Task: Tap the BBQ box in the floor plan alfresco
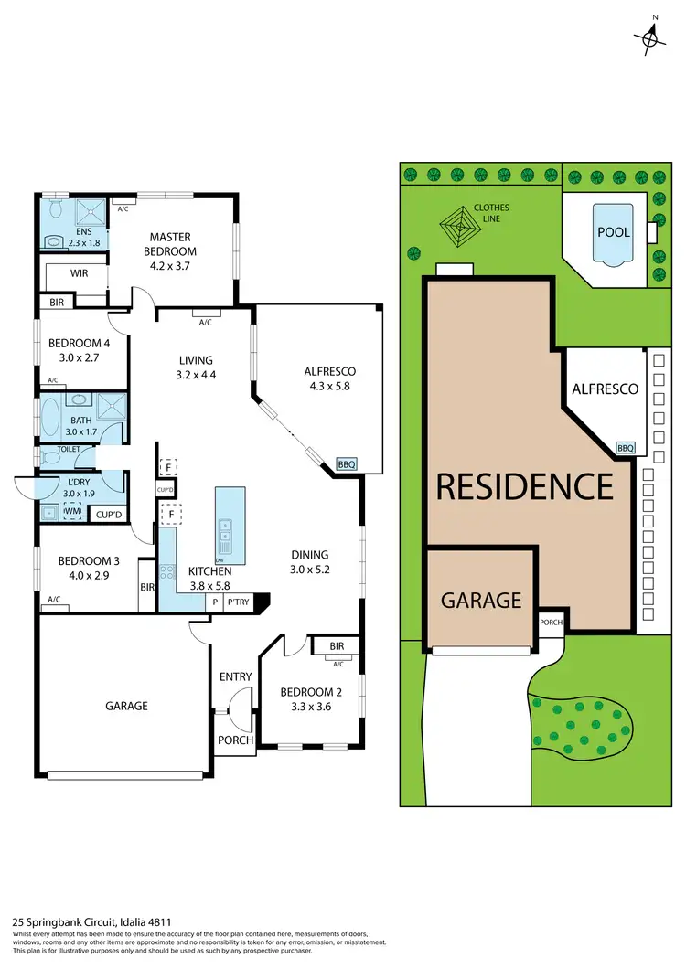(x=347, y=464)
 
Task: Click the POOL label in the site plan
(x=614, y=232)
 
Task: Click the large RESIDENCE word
(x=524, y=485)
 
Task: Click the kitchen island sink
(x=226, y=526)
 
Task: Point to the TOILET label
(x=69, y=449)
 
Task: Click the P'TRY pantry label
(x=238, y=602)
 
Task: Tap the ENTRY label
(x=235, y=676)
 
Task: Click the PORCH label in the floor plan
(x=235, y=740)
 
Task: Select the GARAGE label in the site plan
(x=481, y=600)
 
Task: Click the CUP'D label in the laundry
(x=109, y=515)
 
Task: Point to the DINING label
(x=309, y=554)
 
